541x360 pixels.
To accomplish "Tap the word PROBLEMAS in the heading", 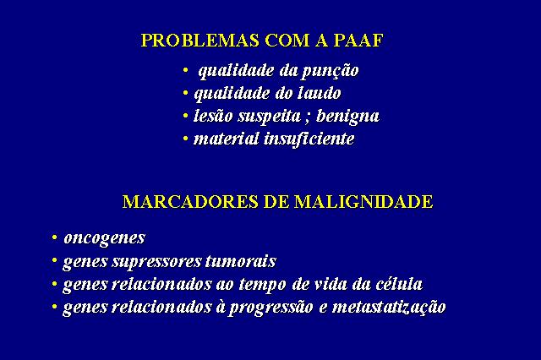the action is click(x=200, y=41).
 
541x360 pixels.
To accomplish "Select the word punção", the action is click(x=331, y=71).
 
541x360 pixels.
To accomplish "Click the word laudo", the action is click(x=320, y=93).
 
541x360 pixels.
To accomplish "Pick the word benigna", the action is click(x=347, y=117).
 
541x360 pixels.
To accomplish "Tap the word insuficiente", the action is click(x=309, y=139).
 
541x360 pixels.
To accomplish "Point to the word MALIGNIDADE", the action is click(x=363, y=202).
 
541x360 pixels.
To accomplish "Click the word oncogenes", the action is click(x=105, y=238).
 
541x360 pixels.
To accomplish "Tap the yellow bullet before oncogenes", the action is click(x=54, y=237).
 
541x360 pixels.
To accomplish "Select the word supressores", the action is click(x=157, y=262).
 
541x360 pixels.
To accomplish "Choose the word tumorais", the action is click(x=241, y=261).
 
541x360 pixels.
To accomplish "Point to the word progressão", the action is click(x=271, y=308).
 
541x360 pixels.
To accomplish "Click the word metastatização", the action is click(x=389, y=308).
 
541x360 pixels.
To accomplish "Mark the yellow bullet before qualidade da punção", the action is click(x=186, y=70).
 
